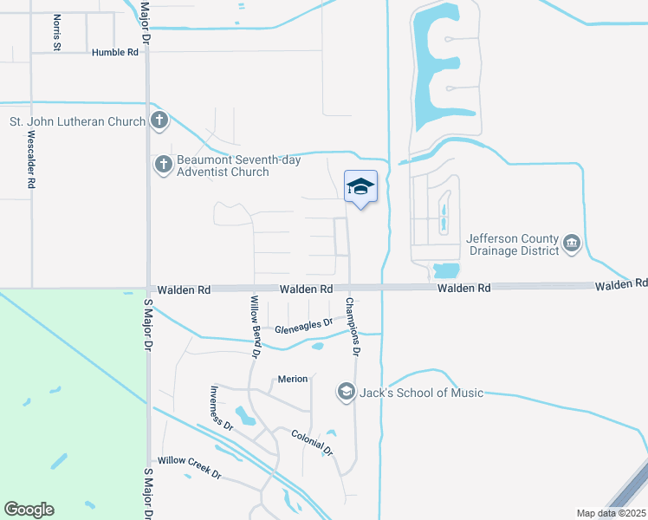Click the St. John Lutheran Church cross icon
[159, 121]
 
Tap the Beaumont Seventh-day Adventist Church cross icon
[163, 165]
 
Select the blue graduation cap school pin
[361, 186]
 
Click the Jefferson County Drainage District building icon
[572, 244]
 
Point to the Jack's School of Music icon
[347, 393]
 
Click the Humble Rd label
[115, 52]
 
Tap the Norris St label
[56, 32]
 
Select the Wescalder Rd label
[30, 160]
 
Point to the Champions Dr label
[352, 327]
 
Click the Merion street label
[292, 379]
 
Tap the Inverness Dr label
[222, 408]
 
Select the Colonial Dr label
[312, 442]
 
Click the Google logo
[29, 510]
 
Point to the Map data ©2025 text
[609, 513]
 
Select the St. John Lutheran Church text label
[77, 121]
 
